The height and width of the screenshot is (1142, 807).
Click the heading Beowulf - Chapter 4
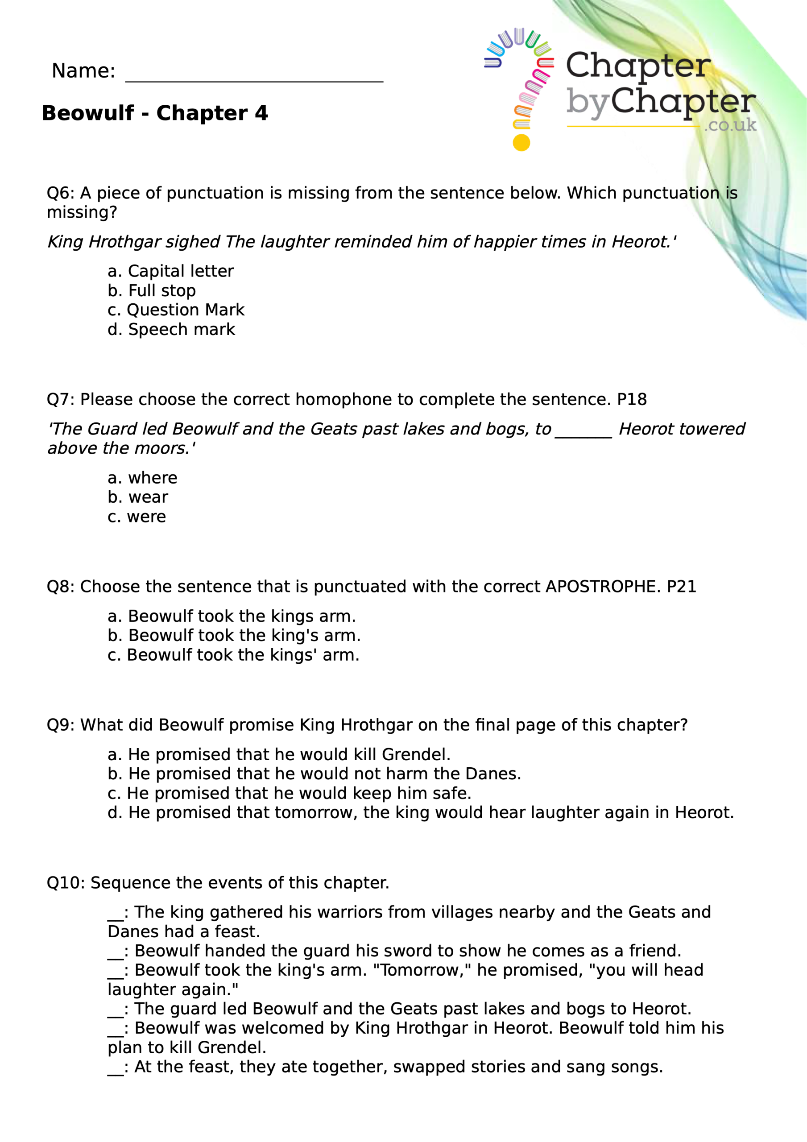click(x=155, y=113)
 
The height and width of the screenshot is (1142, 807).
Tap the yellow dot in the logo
click(x=521, y=143)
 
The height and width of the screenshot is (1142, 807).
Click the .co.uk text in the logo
click(x=730, y=125)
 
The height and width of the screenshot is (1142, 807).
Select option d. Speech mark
click(x=171, y=329)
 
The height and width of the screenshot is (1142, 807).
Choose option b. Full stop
click(x=151, y=290)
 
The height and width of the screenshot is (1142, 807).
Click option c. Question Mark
click(x=176, y=310)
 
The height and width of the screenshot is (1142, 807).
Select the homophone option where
click(x=142, y=478)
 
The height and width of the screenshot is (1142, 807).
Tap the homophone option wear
click(x=138, y=497)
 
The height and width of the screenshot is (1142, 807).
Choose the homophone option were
click(x=137, y=517)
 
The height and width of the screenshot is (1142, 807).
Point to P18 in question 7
click(x=631, y=399)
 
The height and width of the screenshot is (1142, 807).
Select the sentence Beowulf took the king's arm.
click(x=234, y=635)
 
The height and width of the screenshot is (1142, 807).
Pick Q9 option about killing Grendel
click(x=279, y=754)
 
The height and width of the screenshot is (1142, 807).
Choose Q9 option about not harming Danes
click(x=314, y=774)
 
